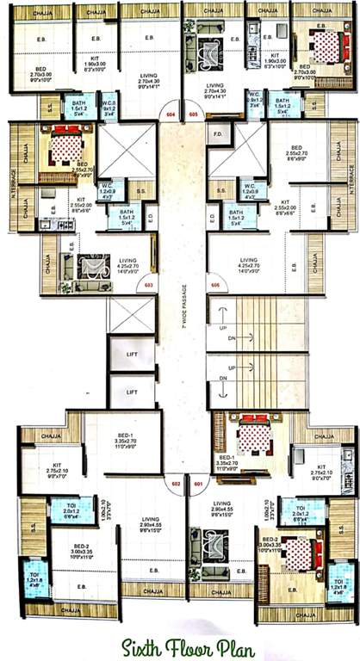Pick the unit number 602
pos(176,484)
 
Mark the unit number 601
pos(197,484)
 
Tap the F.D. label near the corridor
pos(217,134)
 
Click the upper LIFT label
pos(132,354)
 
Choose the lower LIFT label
pos(132,392)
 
